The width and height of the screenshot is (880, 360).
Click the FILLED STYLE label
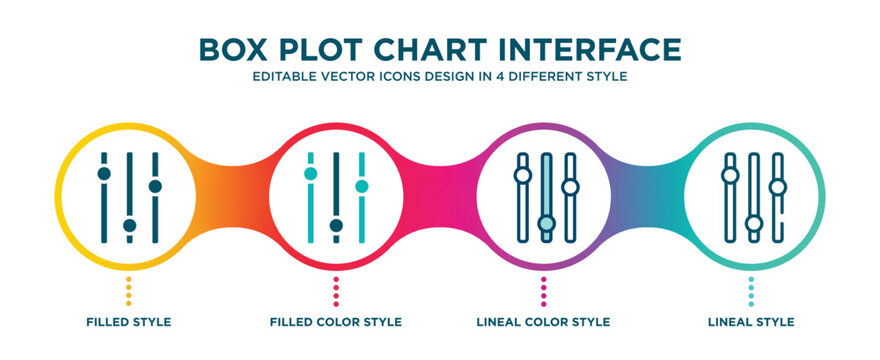coord(128,322)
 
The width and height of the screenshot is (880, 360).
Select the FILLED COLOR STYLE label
coord(336,322)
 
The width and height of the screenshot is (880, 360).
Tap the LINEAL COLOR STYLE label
coord(544,322)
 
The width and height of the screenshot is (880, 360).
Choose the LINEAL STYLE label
coord(751,322)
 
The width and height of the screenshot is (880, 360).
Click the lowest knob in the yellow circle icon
coord(129,225)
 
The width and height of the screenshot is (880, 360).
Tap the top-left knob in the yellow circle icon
coord(103,174)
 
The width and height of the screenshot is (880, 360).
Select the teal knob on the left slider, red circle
coord(310,174)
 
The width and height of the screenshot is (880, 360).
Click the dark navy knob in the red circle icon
coord(336,225)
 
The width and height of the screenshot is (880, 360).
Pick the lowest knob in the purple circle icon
coord(546,223)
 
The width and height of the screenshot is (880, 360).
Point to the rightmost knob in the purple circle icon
coord(570,186)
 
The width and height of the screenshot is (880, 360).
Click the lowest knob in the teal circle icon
coord(754,223)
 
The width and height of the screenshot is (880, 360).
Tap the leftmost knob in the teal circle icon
coord(730,175)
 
